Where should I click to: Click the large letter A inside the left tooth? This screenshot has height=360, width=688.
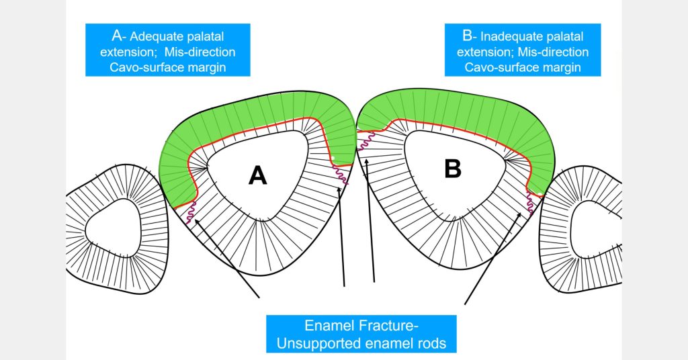tap(257, 175)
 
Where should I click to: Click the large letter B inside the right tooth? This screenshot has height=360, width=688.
tap(453, 170)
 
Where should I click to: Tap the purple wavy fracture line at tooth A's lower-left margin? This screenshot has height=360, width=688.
tap(190, 212)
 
